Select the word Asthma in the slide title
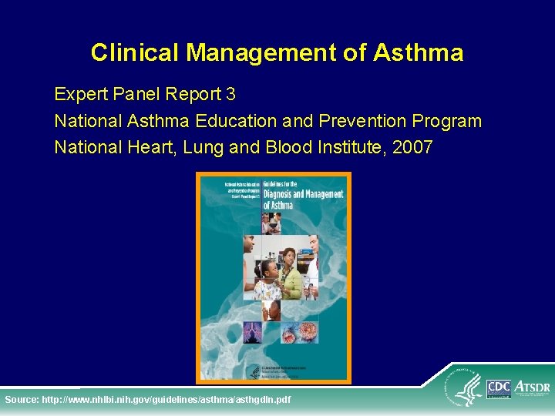click(x=418, y=52)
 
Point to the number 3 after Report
click(x=230, y=95)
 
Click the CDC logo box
click(x=499, y=389)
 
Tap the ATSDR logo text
click(x=531, y=384)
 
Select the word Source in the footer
click(x=22, y=400)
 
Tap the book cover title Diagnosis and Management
click(x=302, y=195)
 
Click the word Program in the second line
click(x=447, y=121)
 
